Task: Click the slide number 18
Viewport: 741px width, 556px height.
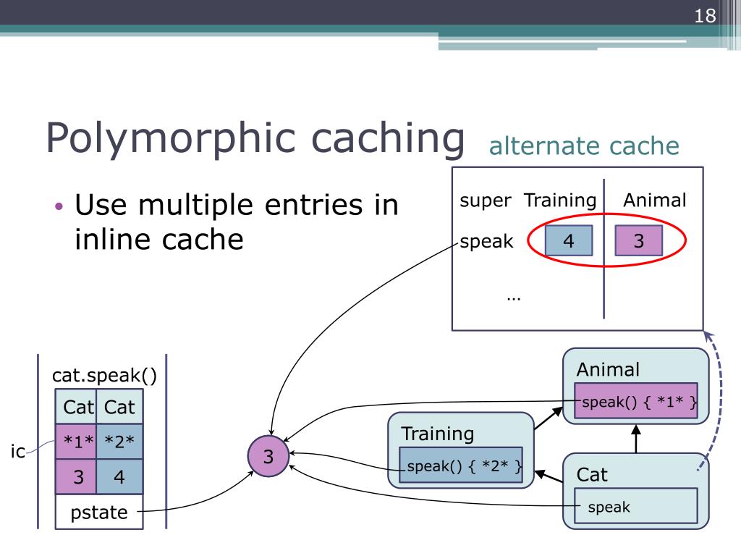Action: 705,16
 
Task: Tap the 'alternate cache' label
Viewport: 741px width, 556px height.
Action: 584,146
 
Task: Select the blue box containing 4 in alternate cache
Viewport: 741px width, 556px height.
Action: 568,241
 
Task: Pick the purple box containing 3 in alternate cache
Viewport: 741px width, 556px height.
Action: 638,241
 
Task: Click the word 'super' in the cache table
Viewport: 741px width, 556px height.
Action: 485,201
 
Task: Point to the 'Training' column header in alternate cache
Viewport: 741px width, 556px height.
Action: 560,201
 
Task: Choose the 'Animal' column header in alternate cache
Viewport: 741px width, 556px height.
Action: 655,201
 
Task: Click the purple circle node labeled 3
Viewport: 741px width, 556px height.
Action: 268,457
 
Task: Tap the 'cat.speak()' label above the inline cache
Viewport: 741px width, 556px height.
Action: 104,376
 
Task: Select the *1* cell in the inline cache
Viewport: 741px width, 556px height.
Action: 75,441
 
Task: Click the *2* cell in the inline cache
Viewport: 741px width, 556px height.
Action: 119,441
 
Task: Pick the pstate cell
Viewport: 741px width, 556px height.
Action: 98,513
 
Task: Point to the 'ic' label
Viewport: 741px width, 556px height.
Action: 17,452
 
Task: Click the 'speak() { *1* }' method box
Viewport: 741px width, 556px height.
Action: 636,401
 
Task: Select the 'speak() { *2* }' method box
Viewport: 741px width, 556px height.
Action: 461,466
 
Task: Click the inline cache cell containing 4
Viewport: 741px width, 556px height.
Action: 119,477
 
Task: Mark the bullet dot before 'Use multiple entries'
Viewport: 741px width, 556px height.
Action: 60,206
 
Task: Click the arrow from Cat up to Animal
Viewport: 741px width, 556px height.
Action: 637,438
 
